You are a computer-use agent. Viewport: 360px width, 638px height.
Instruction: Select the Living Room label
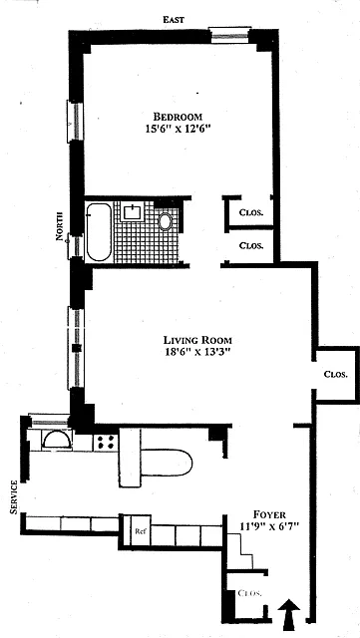(x=197, y=339)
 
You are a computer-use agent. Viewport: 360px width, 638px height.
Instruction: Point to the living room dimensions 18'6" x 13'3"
(x=197, y=352)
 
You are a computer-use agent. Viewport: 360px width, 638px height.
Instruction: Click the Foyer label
(x=269, y=514)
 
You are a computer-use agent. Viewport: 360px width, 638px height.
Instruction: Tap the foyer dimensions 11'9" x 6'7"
(x=269, y=526)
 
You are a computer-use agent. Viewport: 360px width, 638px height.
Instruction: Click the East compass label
(x=175, y=19)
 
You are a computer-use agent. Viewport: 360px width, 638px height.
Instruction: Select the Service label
(x=14, y=496)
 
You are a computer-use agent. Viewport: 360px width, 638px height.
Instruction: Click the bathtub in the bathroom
(x=99, y=232)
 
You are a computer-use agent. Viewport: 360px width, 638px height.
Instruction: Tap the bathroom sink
(x=133, y=212)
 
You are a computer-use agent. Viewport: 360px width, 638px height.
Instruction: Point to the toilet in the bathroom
(x=166, y=221)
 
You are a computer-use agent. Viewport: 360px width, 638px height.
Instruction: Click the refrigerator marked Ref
(x=141, y=530)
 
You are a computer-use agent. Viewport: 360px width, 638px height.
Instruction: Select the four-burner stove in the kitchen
(x=105, y=443)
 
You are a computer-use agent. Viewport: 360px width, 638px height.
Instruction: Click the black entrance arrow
(x=289, y=614)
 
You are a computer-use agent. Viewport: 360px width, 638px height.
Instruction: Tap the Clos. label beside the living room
(x=335, y=375)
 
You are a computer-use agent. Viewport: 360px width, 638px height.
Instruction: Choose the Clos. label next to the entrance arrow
(x=249, y=593)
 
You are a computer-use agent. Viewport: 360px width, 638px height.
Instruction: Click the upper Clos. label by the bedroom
(x=250, y=212)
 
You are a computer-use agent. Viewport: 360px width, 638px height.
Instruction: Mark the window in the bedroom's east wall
(x=229, y=36)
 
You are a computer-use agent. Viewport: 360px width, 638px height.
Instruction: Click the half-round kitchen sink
(x=58, y=440)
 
